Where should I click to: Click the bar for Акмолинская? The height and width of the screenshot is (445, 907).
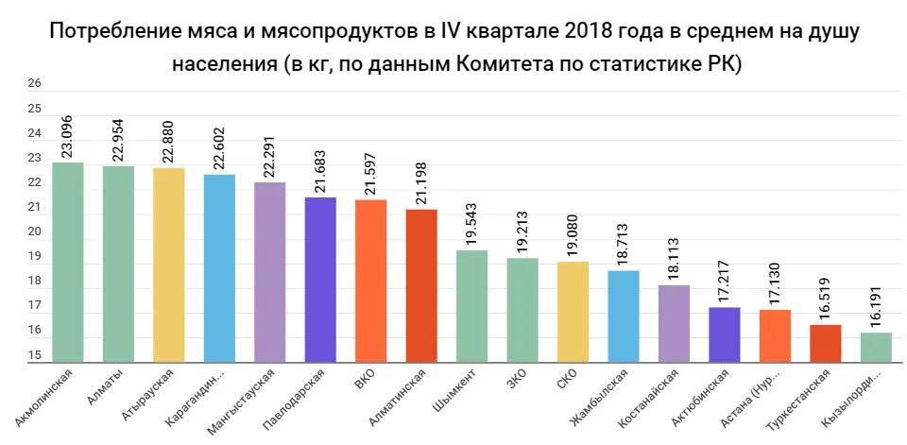pos(68,262)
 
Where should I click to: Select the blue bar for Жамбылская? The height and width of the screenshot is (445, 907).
pos(624,316)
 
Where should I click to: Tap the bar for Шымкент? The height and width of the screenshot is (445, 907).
pos(471,305)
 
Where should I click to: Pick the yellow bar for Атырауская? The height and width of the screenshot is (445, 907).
pos(169,265)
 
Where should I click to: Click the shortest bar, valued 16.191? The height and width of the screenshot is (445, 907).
pos(876,346)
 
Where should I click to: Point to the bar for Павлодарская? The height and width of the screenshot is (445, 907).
pos(320,279)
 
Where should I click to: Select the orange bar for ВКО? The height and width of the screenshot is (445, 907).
pos(371,280)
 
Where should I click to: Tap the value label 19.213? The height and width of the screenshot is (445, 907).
pos(523,229)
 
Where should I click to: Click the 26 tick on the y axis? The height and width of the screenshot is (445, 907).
pos(34,84)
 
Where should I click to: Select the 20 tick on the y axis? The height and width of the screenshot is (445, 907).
pos(34,231)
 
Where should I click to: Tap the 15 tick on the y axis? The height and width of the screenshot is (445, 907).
pos(34,355)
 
